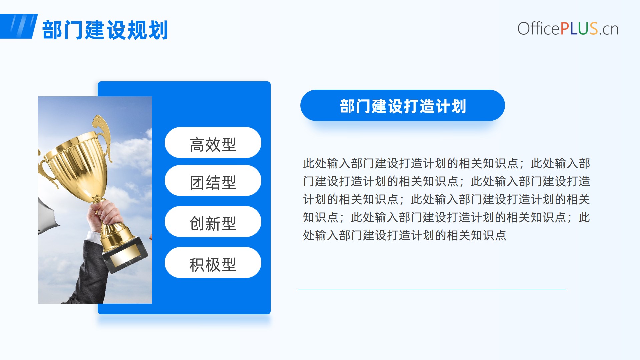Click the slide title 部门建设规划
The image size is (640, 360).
coord(105,30)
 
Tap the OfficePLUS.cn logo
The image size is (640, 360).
coord(568,29)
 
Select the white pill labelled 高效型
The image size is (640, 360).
coord(213,143)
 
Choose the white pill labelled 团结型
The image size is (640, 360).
coord(213,181)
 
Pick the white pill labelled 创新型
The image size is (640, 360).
coord(213,222)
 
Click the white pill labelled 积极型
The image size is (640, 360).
coord(213,263)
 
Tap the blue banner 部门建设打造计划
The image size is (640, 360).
coord(403,105)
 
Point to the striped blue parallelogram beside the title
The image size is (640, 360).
coord(19,26)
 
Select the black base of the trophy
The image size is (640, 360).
coord(125,253)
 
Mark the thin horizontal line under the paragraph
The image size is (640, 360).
coord(432,290)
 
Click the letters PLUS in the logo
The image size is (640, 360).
coord(579,29)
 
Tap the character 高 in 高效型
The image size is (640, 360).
coord(197,145)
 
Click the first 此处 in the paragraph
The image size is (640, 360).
coord(315,163)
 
